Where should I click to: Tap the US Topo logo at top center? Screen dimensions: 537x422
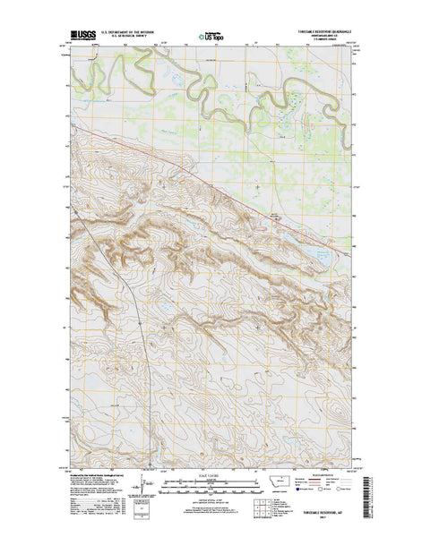211,38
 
